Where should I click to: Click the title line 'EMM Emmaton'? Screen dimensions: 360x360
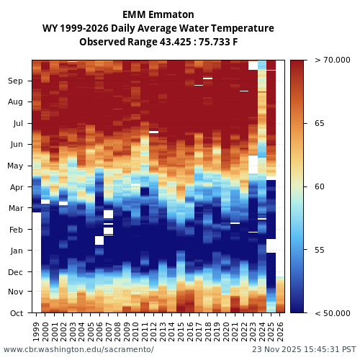pyautogui.click(x=158, y=14)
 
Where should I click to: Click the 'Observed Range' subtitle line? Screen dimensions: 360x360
pyautogui.click(x=158, y=42)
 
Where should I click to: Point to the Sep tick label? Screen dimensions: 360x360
pyautogui.click(x=16, y=81)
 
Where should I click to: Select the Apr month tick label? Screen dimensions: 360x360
pyautogui.click(x=16, y=187)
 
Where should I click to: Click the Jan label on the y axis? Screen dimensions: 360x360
pyautogui.click(x=17, y=251)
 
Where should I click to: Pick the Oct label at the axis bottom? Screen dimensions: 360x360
pyautogui.click(x=17, y=313)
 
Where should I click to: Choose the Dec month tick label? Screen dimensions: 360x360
pyautogui.click(x=16, y=272)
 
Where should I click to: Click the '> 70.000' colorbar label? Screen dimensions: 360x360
pyautogui.click(x=331, y=60)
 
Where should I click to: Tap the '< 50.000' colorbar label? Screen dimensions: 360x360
pyautogui.click(x=331, y=313)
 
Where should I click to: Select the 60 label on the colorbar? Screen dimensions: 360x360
pyautogui.click(x=320, y=187)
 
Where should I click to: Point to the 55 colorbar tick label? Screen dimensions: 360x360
pyautogui.click(x=320, y=251)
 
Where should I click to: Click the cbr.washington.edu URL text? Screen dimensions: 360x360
pyautogui.click(x=78, y=350)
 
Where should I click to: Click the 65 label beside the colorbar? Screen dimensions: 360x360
pyautogui.click(x=320, y=124)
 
